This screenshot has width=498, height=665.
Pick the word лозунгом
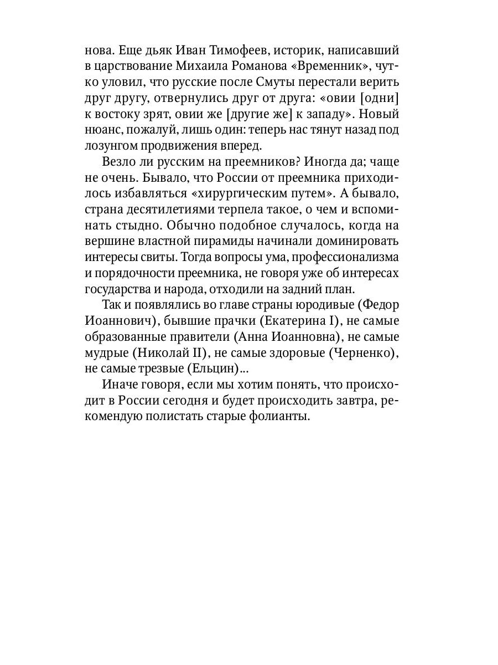tap(111, 147)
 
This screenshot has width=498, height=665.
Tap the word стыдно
tap(148, 227)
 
